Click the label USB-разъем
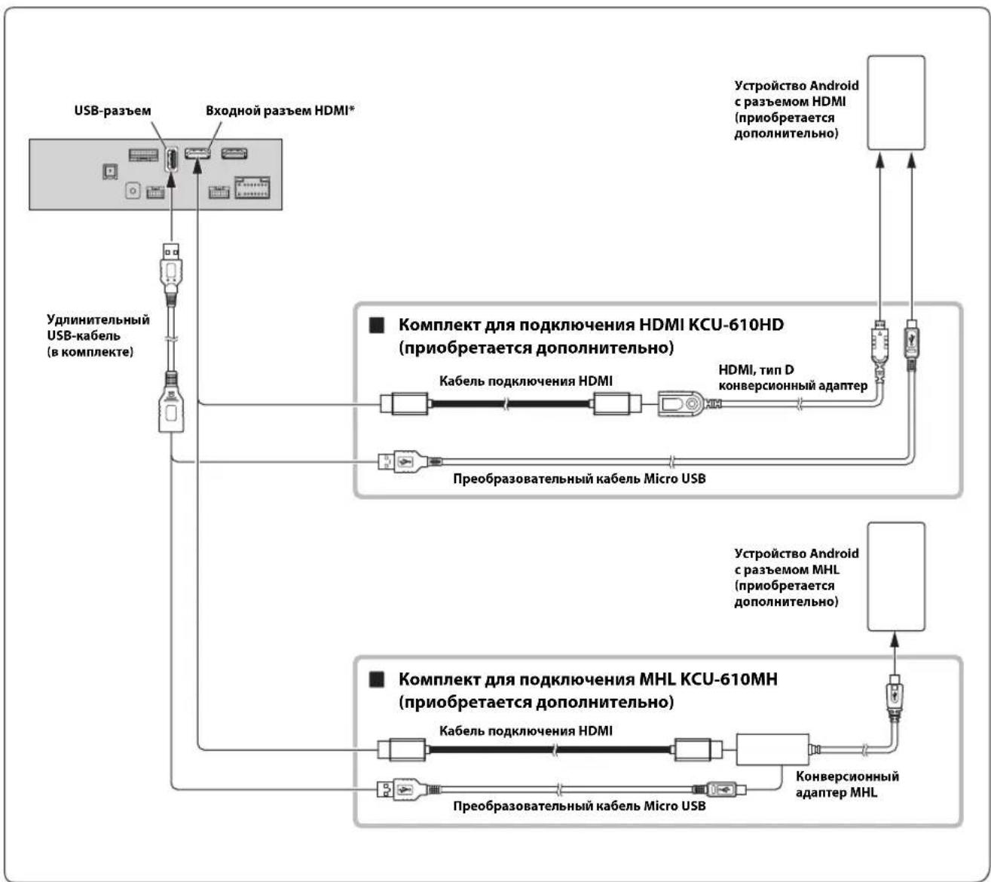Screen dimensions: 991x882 coord(112,111)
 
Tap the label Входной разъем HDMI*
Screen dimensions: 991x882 coord(280,111)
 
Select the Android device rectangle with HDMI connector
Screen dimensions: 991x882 coord(896,103)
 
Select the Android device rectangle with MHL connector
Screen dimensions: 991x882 coord(896,577)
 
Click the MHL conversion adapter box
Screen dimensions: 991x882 coord(772,749)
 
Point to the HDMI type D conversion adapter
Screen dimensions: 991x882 coord(681,404)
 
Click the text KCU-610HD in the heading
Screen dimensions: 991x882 coord(736,324)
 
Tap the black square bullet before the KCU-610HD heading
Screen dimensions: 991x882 coord(376,326)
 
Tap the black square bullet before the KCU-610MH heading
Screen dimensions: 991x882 coord(376,680)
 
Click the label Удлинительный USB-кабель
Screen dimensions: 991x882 coord(98,327)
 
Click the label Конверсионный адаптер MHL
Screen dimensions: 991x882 coord(847,784)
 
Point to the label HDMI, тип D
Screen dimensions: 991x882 coord(757,369)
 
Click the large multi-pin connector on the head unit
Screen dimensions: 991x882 coord(252,187)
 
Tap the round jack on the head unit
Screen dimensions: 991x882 coord(133,190)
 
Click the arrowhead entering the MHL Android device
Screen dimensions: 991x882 coord(895,639)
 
